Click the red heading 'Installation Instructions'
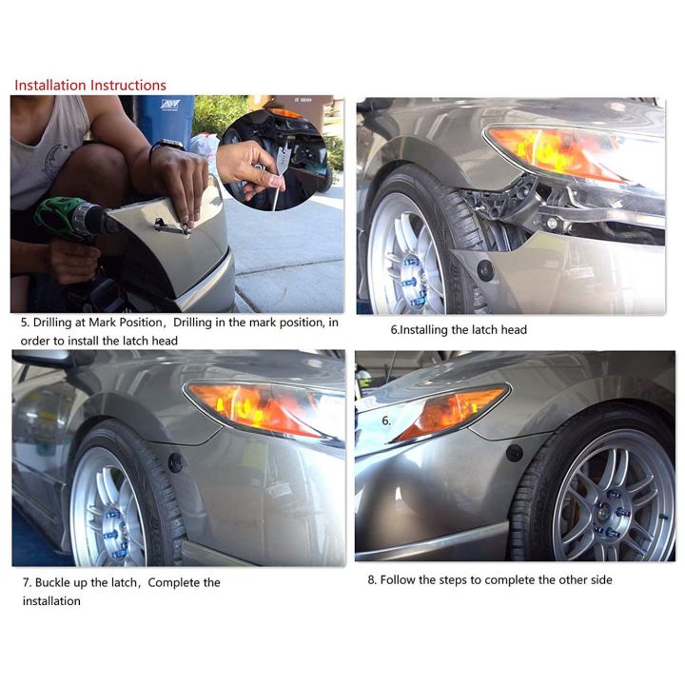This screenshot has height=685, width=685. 90,86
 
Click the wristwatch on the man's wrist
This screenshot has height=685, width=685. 166,146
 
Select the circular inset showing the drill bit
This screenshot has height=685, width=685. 274,160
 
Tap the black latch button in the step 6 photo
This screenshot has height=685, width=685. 485,270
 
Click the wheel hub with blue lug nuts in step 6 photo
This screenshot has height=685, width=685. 412,280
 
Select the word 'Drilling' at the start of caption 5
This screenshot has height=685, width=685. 52,323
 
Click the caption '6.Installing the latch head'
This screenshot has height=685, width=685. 459,330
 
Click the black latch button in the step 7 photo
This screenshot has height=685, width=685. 176,463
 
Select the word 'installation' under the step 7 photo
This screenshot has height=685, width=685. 51,601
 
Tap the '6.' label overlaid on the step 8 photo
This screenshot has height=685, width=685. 386,421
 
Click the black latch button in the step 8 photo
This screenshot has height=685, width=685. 515,454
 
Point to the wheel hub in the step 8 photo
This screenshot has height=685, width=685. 611,510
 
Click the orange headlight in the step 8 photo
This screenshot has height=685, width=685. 450,412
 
